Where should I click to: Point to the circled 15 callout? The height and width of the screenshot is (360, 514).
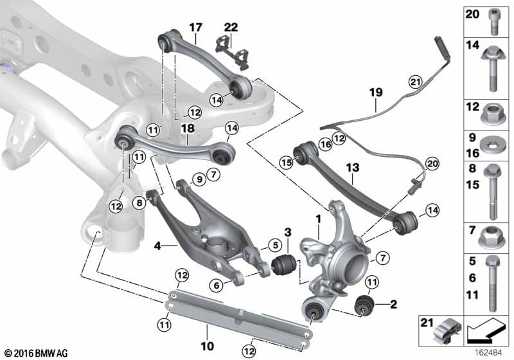tap(286, 163)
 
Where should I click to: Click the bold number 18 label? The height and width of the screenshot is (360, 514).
tap(188, 129)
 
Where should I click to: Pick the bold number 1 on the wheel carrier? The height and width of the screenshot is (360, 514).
tap(317, 219)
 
